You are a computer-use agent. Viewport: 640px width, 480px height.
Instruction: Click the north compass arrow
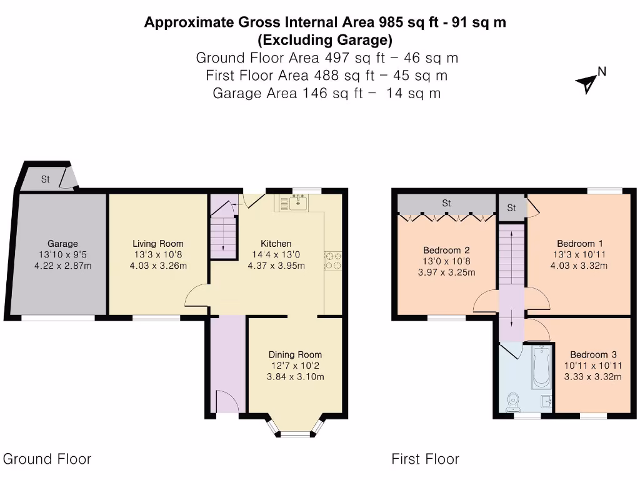tap(587, 82)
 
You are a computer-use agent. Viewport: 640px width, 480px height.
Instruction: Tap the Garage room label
tap(62, 243)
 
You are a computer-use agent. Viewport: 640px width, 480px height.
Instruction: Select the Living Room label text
tap(158, 243)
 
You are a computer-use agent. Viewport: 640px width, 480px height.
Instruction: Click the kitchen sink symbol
tap(294, 202)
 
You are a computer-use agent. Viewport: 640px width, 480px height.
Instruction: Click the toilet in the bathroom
tap(514, 402)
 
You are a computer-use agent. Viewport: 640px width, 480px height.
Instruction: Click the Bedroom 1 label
tap(576, 243)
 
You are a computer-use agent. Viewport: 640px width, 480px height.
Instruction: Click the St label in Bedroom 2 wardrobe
tap(446, 203)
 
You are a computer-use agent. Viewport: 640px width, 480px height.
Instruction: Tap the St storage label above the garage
tap(46, 179)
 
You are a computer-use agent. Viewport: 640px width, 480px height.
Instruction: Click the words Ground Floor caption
tap(47, 459)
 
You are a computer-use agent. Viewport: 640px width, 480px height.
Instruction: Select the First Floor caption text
tap(425, 459)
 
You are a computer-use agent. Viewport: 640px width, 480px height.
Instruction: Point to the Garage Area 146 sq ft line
tap(327, 93)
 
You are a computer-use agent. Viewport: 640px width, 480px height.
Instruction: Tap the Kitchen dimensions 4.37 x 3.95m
tap(276, 266)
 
